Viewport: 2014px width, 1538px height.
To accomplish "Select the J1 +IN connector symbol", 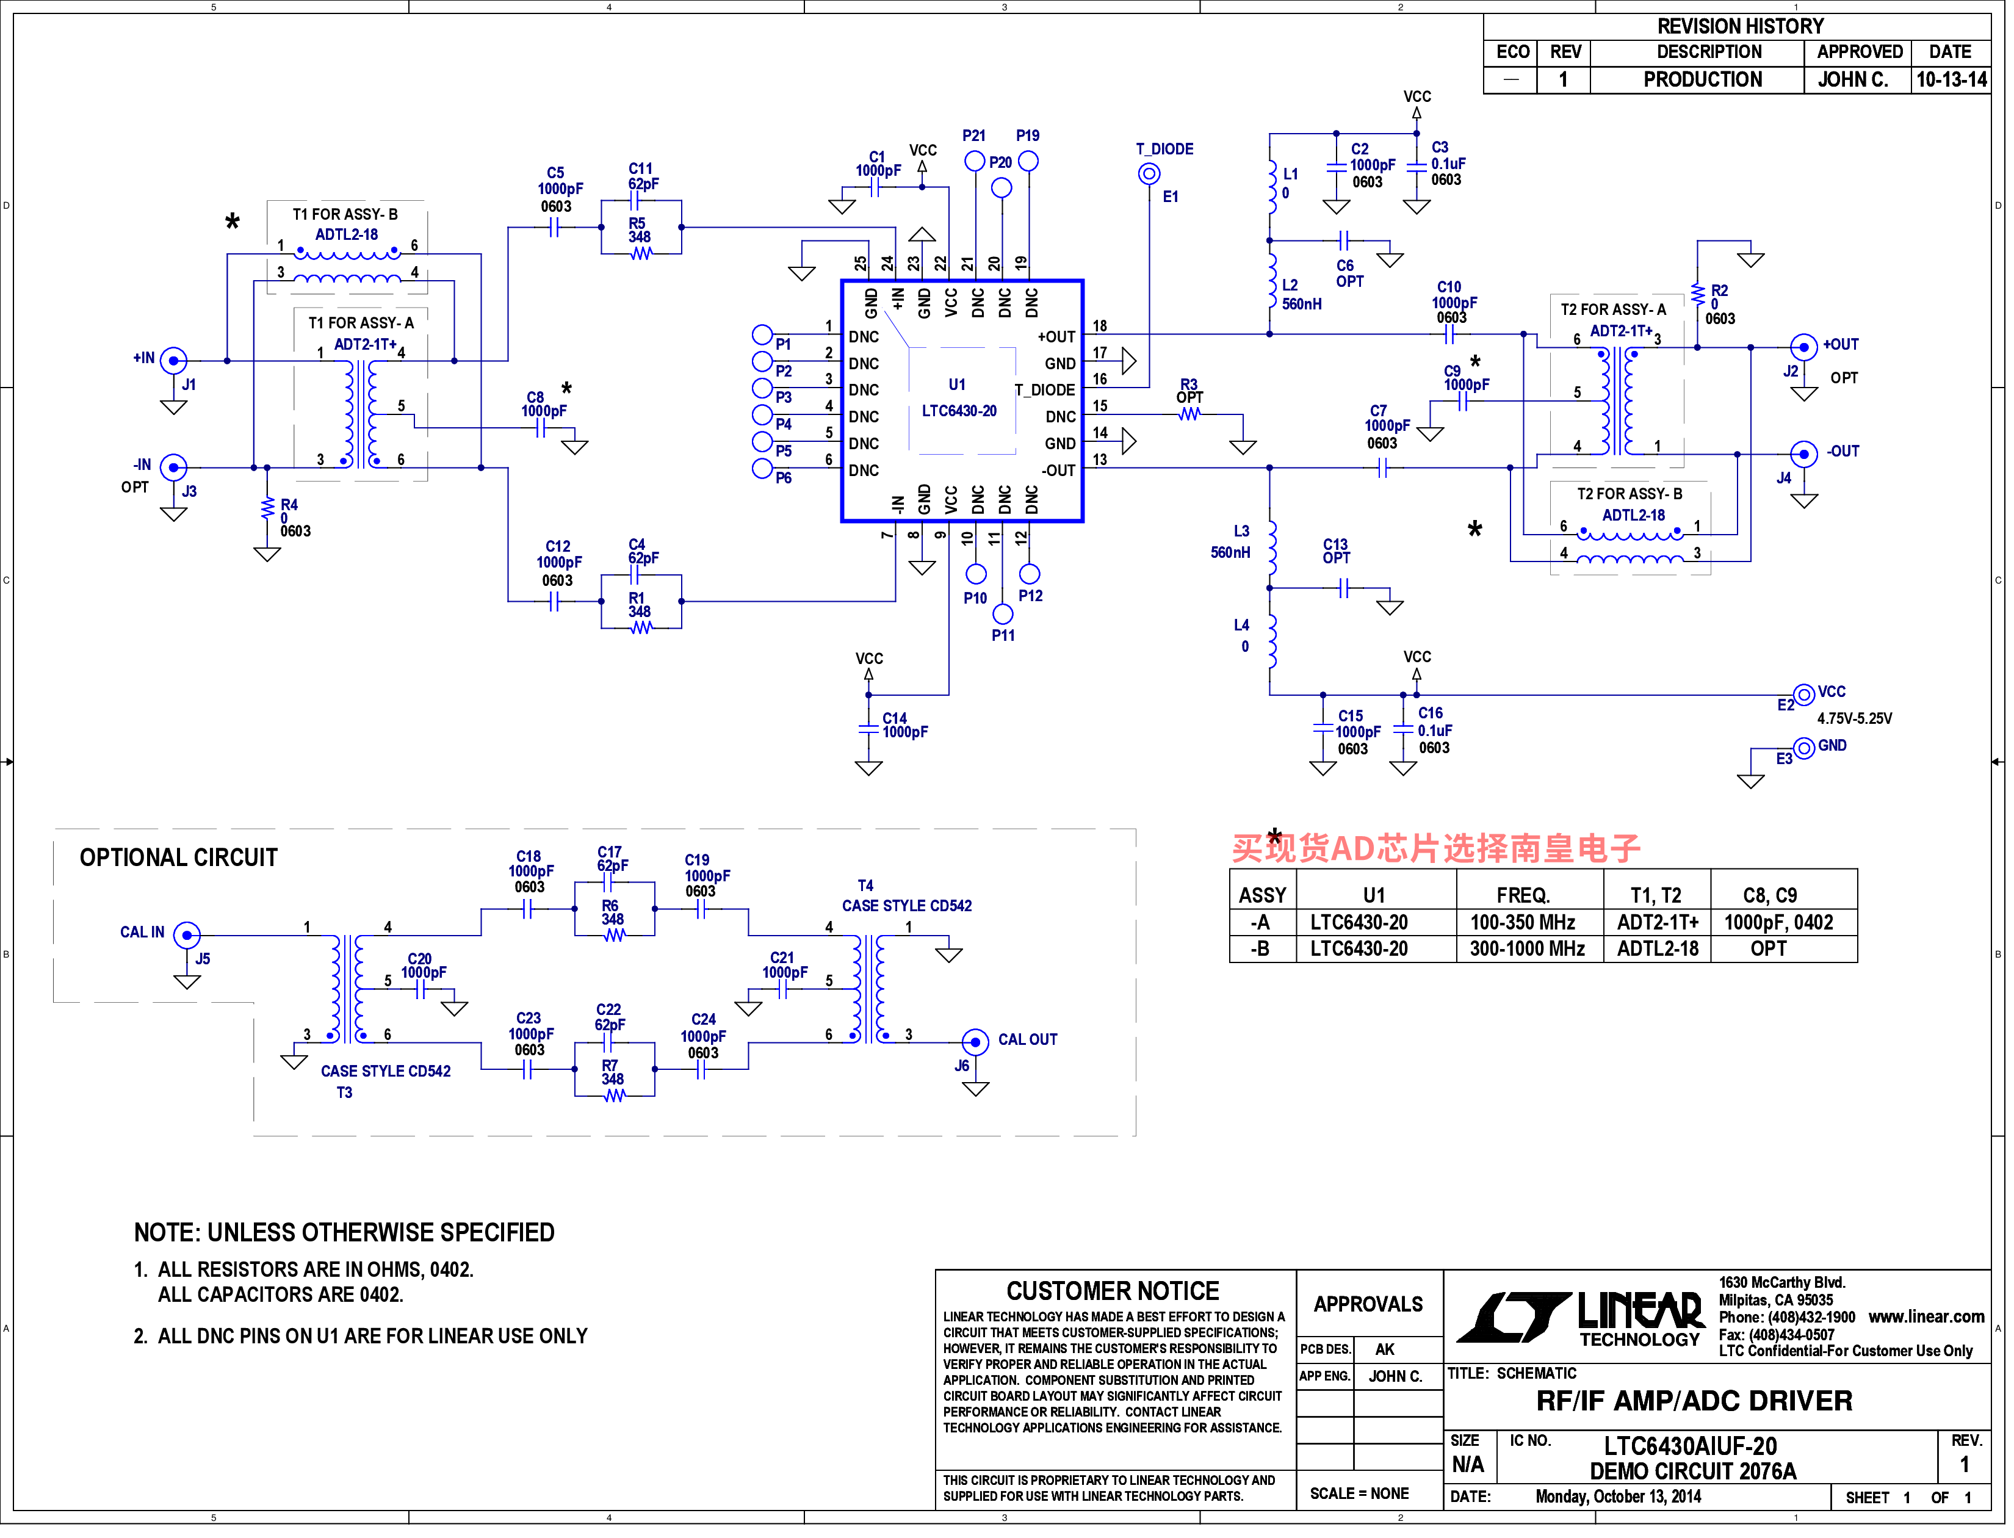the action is pyautogui.click(x=173, y=361).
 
